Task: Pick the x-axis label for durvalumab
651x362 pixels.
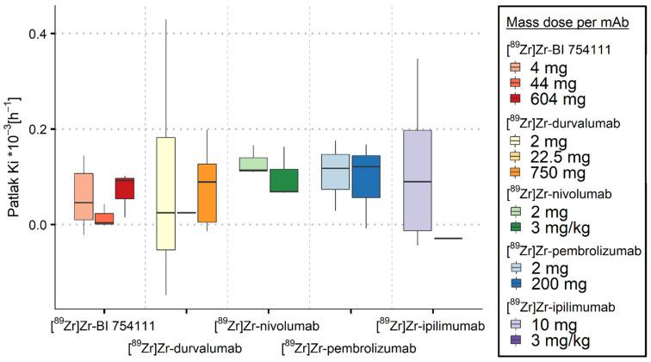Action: point(184,347)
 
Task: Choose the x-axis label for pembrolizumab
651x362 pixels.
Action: point(349,347)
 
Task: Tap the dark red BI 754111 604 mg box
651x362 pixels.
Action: point(125,188)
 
